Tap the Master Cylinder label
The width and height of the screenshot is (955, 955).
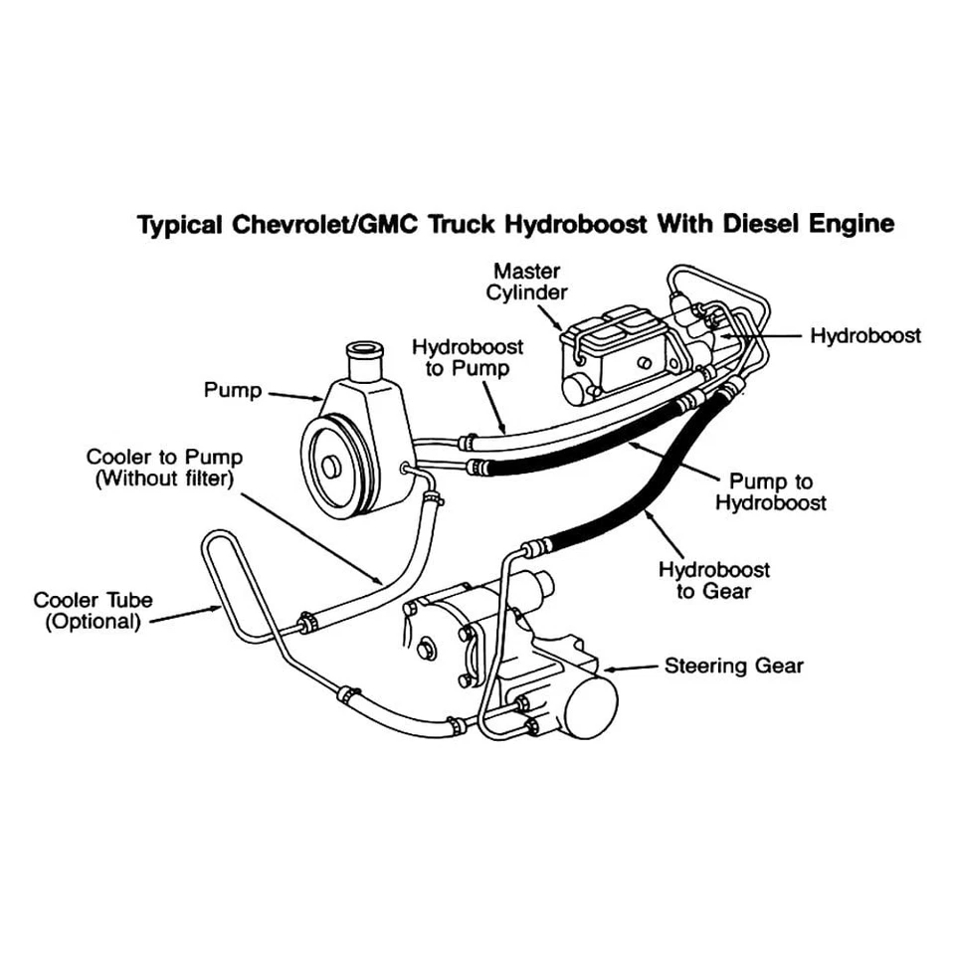click(x=526, y=281)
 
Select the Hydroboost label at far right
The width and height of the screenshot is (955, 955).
click(x=864, y=335)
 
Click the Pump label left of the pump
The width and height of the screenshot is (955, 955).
click(x=232, y=390)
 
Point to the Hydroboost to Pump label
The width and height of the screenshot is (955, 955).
click(x=467, y=357)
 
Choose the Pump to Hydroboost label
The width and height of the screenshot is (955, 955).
click(x=770, y=490)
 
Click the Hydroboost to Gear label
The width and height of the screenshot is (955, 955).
click(x=713, y=581)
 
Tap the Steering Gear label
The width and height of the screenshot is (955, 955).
click(x=733, y=666)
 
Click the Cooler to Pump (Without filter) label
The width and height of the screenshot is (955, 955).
click(x=164, y=468)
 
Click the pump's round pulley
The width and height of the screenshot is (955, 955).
click(x=329, y=465)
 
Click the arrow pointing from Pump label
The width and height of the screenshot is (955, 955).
click(x=294, y=398)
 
